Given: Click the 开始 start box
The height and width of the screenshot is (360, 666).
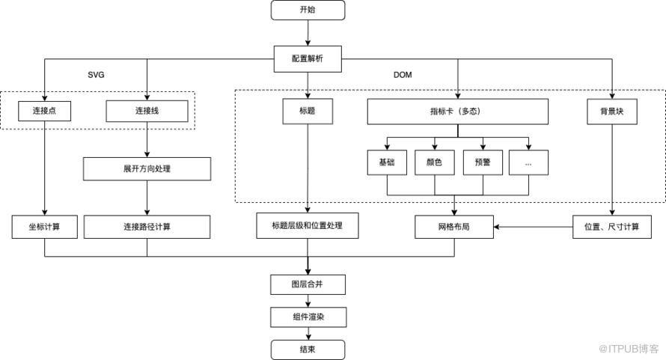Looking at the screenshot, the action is [x=308, y=10].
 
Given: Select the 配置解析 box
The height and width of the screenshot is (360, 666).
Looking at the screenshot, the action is [x=308, y=58].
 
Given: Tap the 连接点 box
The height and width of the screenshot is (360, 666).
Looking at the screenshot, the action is [x=45, y=111].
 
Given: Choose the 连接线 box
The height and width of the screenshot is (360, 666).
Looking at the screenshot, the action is [x=147, y=111].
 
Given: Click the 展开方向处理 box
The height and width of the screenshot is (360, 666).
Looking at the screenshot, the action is [x=147, y=168].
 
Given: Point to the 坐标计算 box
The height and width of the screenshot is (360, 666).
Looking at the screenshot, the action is [x=45, y=227].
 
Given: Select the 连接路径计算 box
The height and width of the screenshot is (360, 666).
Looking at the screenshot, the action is [x=147, y=227].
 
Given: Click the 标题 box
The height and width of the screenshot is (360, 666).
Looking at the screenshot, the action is [x=308, y=112].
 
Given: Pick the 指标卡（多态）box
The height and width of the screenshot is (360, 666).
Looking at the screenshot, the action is [x=457, y=112].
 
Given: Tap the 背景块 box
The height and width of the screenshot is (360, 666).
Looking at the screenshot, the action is [x=612, y=112].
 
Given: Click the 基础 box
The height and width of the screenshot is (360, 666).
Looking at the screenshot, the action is [x=387, y=162].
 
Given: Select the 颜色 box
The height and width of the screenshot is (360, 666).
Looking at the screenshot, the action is [x=435, y=162].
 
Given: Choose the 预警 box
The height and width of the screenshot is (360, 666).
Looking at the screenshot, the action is [x=483, y=162].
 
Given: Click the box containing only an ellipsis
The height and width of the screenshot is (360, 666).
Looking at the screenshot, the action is [x=528, y=162].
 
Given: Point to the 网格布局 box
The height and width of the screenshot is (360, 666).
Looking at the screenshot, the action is [x=454, y=227].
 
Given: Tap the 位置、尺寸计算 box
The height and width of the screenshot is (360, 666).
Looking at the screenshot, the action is [x=612, y=227].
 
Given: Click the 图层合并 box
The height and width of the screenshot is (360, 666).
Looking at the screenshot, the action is [x=308, y=284].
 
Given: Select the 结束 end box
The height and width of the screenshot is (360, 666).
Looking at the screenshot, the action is [x=308, y=350].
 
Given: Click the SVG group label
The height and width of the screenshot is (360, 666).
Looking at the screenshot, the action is [x=96, y=75].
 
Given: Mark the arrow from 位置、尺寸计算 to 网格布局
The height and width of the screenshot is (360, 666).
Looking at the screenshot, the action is [x=533, y=227].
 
